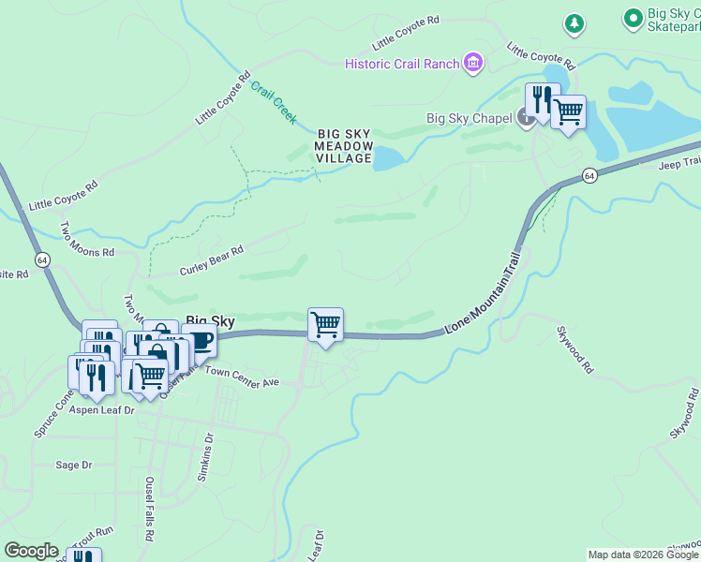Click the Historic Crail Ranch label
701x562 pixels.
[x=402, y=64]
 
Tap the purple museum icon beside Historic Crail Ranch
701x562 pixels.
[x=473, y=64]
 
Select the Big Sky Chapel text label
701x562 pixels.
[x=469, y=118]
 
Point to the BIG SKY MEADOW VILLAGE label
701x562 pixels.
[x=344, y=146]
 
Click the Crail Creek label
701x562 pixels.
[x=274, y=103]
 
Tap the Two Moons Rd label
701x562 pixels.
[x=87, y=241]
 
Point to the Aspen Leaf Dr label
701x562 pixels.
[x=103, y=410]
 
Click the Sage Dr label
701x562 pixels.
[x=74, y=465]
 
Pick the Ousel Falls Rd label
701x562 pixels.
[x=149, y=507]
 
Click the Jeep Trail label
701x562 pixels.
[x=679, y=163]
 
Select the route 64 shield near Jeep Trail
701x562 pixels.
[x=589, y=175]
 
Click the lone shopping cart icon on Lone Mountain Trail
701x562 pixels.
[x=325, y=325]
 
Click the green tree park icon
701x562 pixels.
[x=574, y=22]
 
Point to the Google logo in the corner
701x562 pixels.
[x=32, y=551]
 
